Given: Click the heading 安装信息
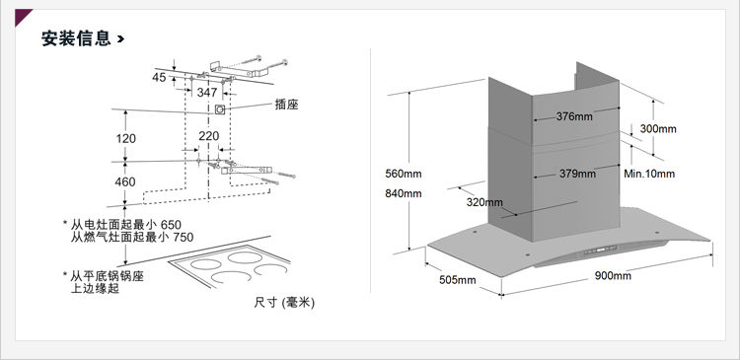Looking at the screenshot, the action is [x=76, y=38].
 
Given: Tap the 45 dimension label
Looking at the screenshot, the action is [x=159, y=77].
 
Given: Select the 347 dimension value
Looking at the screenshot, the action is [x=207, y=93].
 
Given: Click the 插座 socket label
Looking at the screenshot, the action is [x=286, y=105].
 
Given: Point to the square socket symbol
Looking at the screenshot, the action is [x=220, y=109].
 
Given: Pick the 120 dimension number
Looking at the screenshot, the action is [x=125, y=139].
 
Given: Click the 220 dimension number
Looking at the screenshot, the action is [x=208, y=136].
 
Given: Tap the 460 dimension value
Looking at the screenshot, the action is [x=125, y=181].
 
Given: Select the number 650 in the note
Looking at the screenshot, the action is [x=171, y=225].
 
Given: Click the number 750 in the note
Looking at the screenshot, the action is [x=184, y=237].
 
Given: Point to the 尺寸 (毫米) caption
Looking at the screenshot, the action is [x=284, y=303].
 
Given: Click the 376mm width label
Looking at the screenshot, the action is [x=574, y=116].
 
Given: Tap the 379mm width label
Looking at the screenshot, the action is [x=577, y=174].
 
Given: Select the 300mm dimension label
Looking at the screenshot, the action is [x=658, y=129].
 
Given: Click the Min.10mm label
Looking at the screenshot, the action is [x=649, y=174].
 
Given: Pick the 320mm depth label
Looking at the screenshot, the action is [x=484, y=202].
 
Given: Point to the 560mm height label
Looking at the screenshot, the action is [x=403, y=174].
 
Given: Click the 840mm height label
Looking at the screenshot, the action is [x=403, y=193].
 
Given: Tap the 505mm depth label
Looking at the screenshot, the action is [x=457, y=280].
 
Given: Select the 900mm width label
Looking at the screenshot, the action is [x=613, y=275].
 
